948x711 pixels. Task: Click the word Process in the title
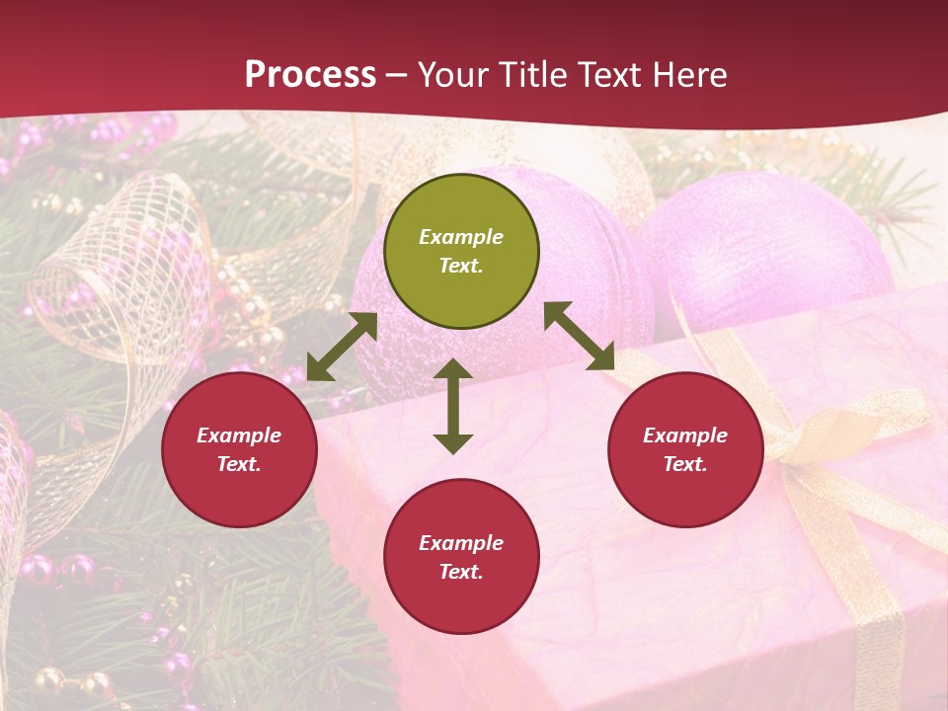[x=310, y=75]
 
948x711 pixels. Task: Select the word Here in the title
[x=691, y=75]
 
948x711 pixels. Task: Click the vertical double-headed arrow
[x=453, y=406]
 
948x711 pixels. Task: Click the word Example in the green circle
[x=461, y=237]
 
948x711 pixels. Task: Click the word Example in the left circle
[x=239, y=435]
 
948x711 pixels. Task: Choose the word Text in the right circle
[x=685, y=464]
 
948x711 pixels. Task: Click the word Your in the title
[x=450, y=75]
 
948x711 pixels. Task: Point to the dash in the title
[x=397, y=76]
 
